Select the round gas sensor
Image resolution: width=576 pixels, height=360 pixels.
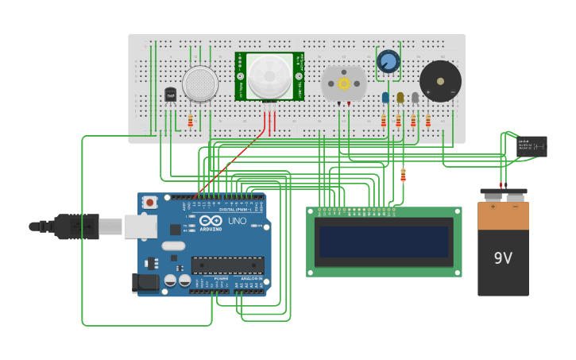[x=200, y=83]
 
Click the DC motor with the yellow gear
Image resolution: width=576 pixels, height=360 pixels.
[x=344, y=83]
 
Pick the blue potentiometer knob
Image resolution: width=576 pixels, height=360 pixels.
[x=389, y=61]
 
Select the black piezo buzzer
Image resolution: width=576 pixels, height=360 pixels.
[x=440, y=81]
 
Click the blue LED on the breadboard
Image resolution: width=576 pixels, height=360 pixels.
[x=385, y=97]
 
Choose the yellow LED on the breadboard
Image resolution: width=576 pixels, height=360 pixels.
[x=400, y=97]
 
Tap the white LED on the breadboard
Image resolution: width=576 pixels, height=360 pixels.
[x=415, y=97]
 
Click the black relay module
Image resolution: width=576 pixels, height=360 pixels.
[x=532, y=146]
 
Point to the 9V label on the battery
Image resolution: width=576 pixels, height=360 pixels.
[x=503, y=258]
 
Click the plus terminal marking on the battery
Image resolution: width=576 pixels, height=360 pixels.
[x=492, y=206]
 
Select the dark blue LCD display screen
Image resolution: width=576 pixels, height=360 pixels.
[x=384, y=242]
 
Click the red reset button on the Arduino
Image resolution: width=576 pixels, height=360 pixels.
[x=149, y=203]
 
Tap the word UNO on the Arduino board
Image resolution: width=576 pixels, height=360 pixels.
[x=237, y=220]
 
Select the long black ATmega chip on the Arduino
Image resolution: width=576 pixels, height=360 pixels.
[x=227, y=265]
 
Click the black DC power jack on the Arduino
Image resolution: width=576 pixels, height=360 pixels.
[x=146, y=281]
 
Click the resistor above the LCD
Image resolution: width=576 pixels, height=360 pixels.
[x=403, y=175]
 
